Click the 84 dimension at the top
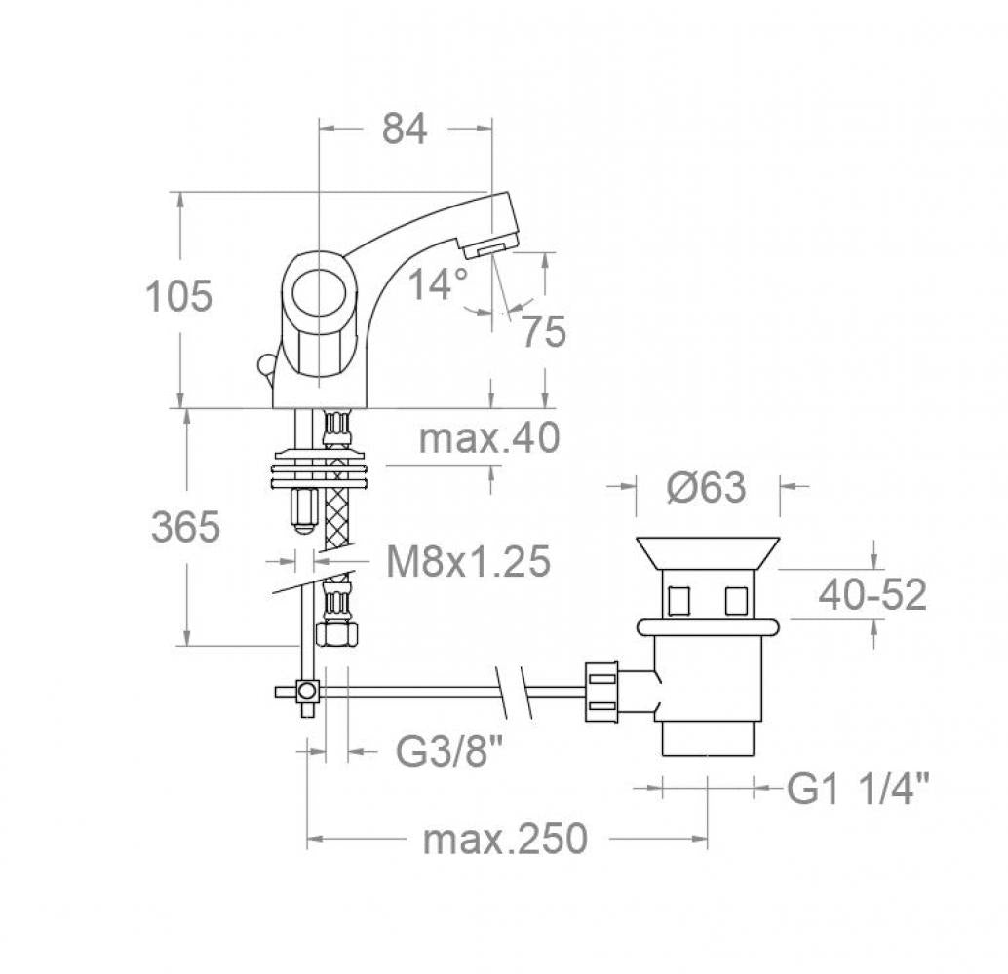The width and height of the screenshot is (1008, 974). pyautogui.click(x=405, y=129)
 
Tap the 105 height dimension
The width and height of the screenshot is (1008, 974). pyautogui.click(x=178, y=296)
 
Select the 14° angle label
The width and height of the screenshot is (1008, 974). pyautogui.click(x=439, y=284)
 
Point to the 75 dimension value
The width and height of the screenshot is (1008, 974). pyautogui.click(x=543, y=331)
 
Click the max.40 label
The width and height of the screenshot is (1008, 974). pyautogui.click(x=489, y=438)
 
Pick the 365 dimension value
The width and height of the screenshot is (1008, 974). pyautogui.click(x=186, y=527)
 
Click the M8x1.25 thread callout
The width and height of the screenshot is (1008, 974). pyautogui.click(x=468, y=561)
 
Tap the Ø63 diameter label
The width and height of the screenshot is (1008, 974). pyautogui.click(x=707, y=487)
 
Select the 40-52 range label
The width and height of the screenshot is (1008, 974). pyautogui.click(x=872, y=595)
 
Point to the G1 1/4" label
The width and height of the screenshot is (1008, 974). pyautogui.click(x=858, y=788)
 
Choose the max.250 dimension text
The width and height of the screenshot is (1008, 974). pyautogui.click(x=505, y=839)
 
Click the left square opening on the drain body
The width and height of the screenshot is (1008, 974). pyautogui.click(x=678, y=601)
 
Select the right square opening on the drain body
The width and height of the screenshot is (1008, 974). pyautogui.click(x=736, y=601)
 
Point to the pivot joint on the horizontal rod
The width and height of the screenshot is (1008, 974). pyautogui.click(x=307, y=692)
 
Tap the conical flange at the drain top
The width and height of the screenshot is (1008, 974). pyautogui.click(x=708, y=553)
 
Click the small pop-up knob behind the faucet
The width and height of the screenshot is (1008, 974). pyautogui.click(x=264, y=364)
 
